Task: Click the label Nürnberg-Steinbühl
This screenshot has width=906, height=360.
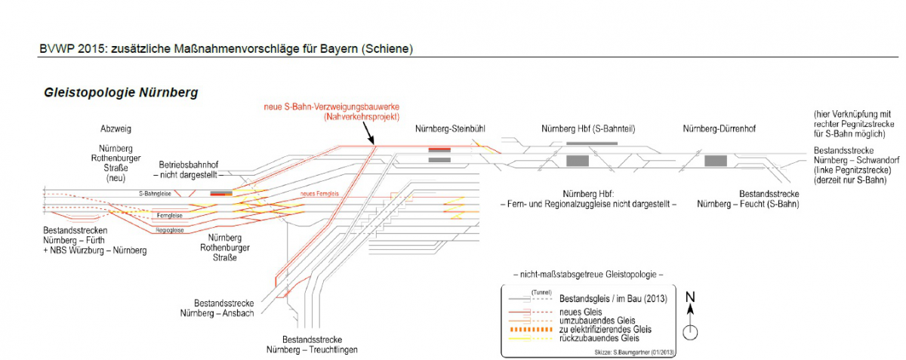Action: click(x=449, y=128)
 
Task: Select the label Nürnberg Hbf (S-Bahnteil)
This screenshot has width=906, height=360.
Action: click(x=583, y=128)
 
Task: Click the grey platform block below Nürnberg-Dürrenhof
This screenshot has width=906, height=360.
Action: click(x=715, y=160)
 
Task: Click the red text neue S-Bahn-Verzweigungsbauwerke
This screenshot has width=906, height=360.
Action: click(x=331, y=106)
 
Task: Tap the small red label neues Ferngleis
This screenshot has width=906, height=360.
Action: click(x=318, y=195)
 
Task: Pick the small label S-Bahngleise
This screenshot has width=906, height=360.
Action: click(x=154, y=194)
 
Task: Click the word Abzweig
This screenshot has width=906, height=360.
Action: click(x=116, y=129)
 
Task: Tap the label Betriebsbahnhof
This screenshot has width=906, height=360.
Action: click(x=189, y=164)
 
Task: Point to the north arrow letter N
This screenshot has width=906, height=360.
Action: click(x=690, y=298)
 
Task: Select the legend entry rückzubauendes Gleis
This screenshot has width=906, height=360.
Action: click(x=596, y=337)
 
